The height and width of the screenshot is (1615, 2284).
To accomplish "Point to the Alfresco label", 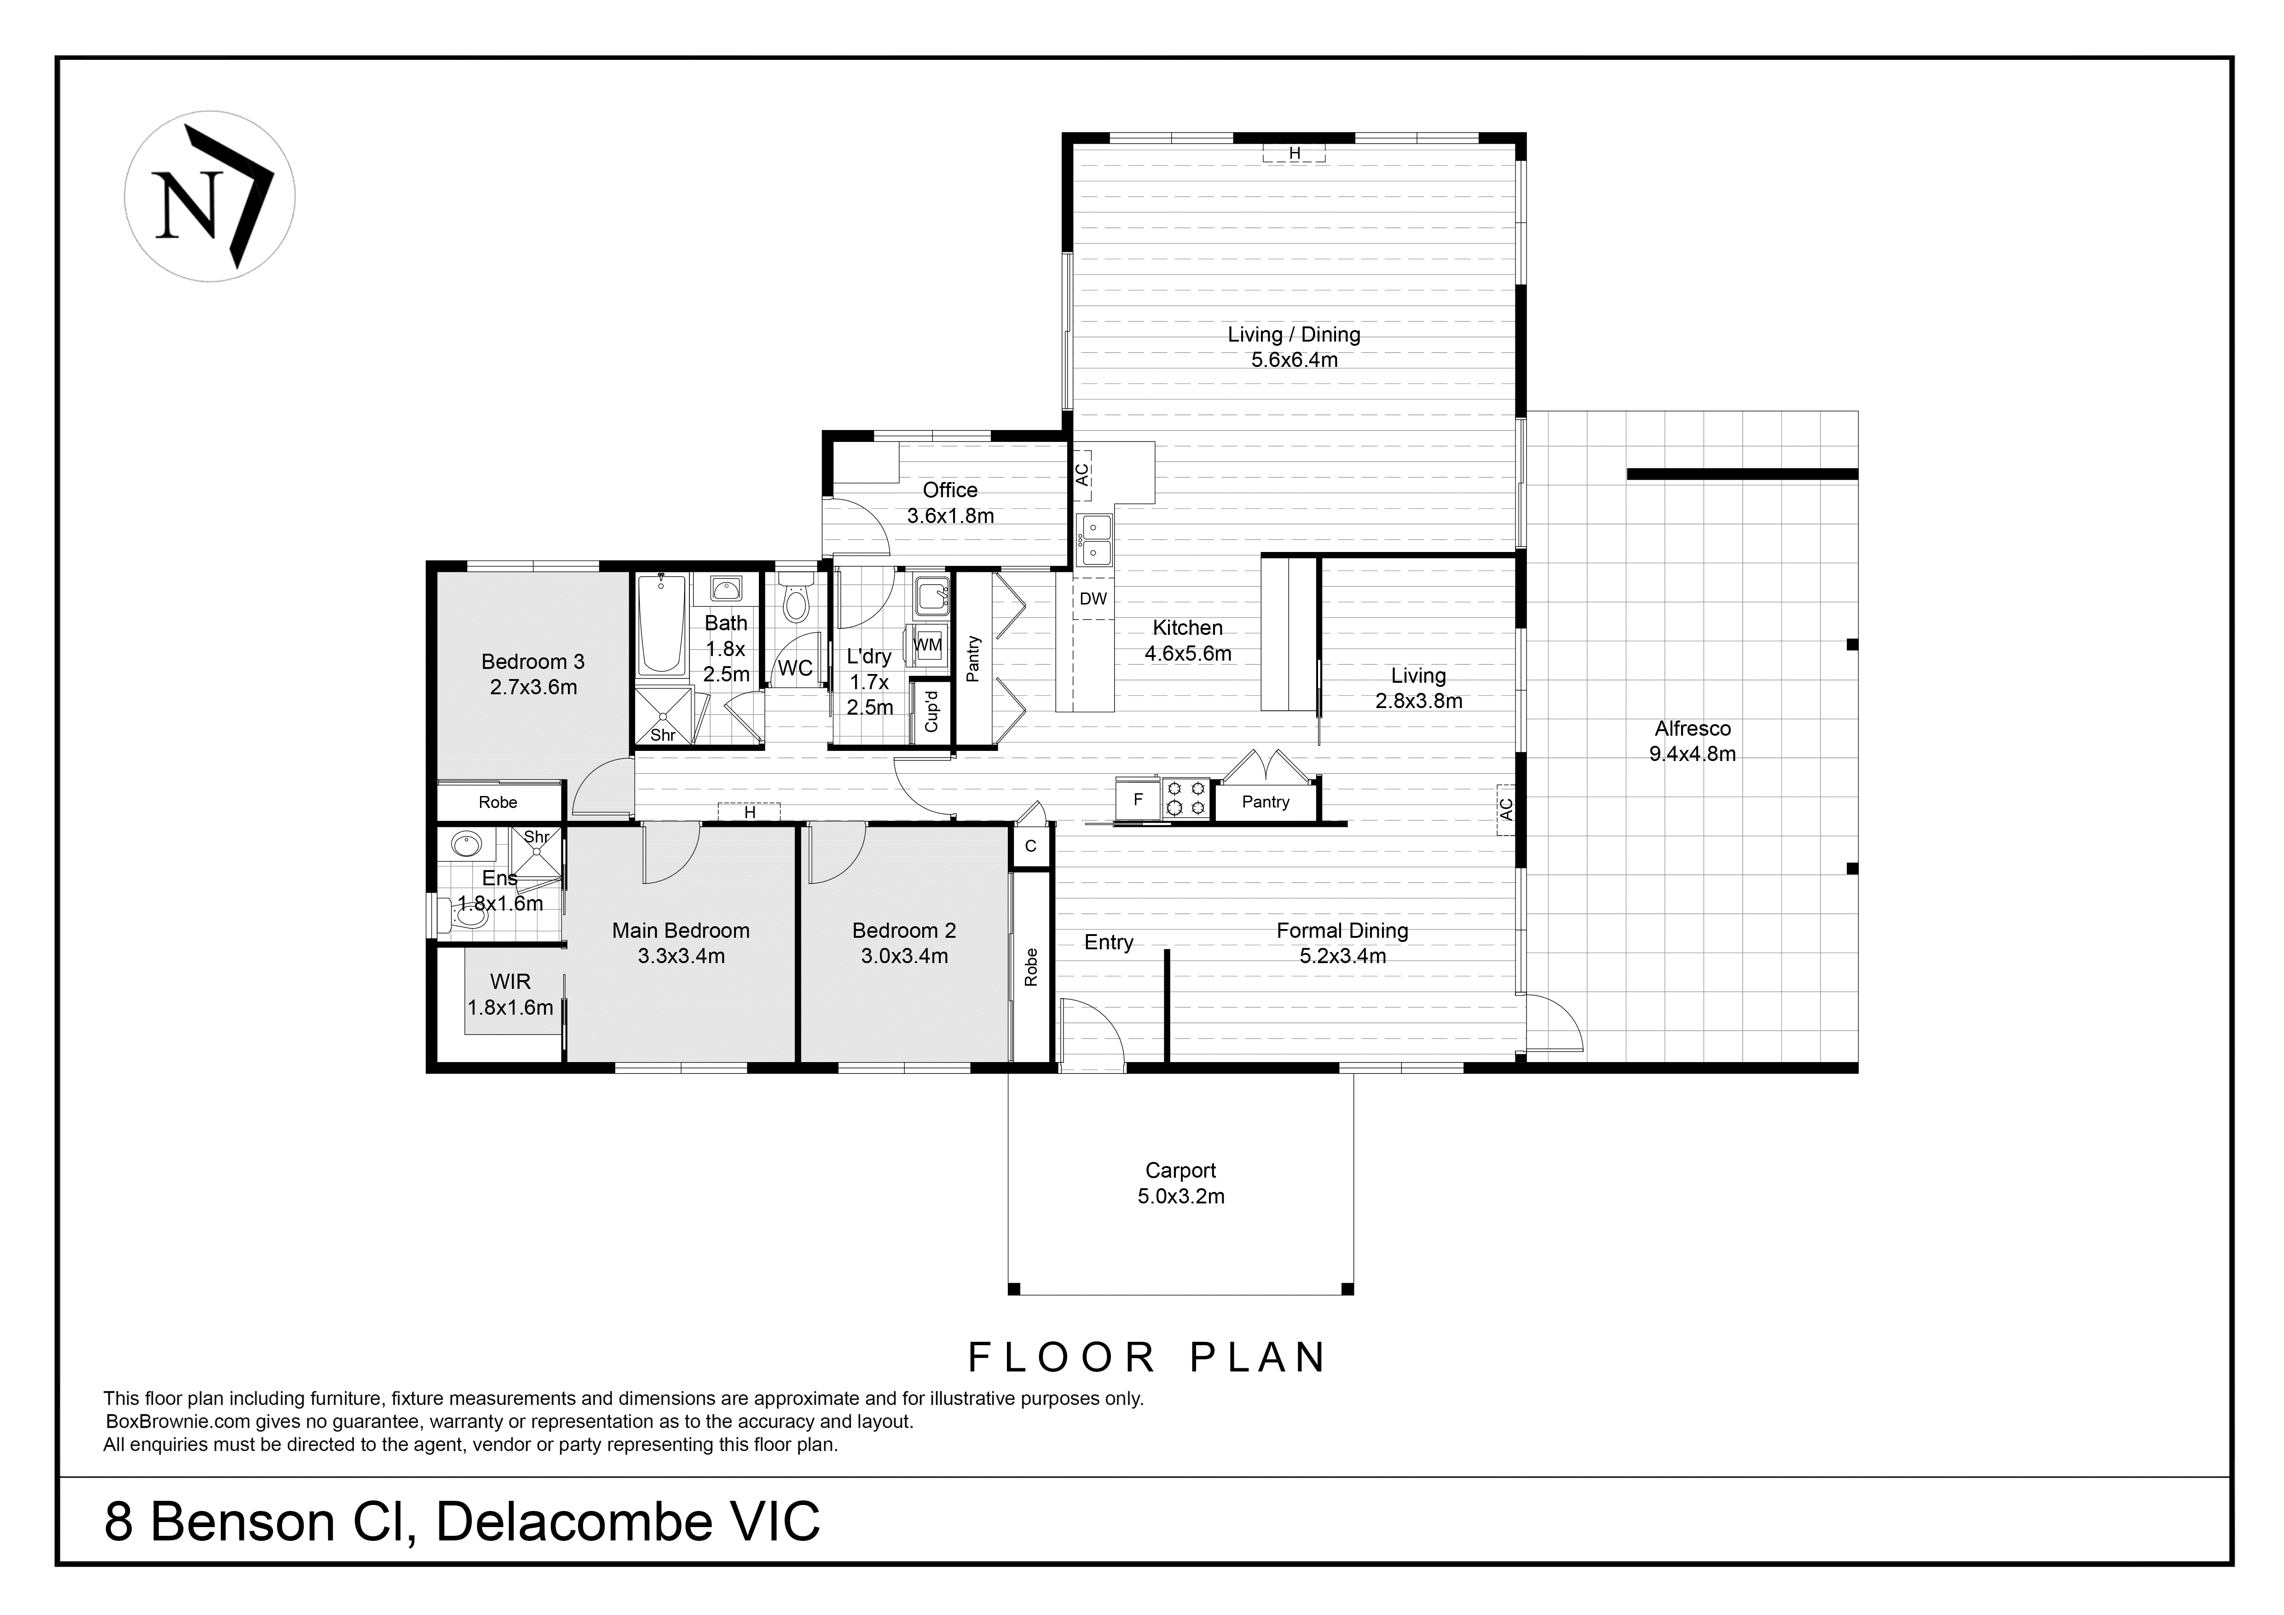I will [x=1692, y=728].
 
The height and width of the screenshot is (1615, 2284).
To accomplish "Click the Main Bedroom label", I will [x=681, y=930].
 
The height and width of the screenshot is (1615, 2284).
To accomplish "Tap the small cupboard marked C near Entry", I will [x=1030, y=846].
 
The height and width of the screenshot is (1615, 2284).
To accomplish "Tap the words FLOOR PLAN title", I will [x=1147, y=1357].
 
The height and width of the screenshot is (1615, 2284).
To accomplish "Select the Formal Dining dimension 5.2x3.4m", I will [x=1342, y=956].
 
